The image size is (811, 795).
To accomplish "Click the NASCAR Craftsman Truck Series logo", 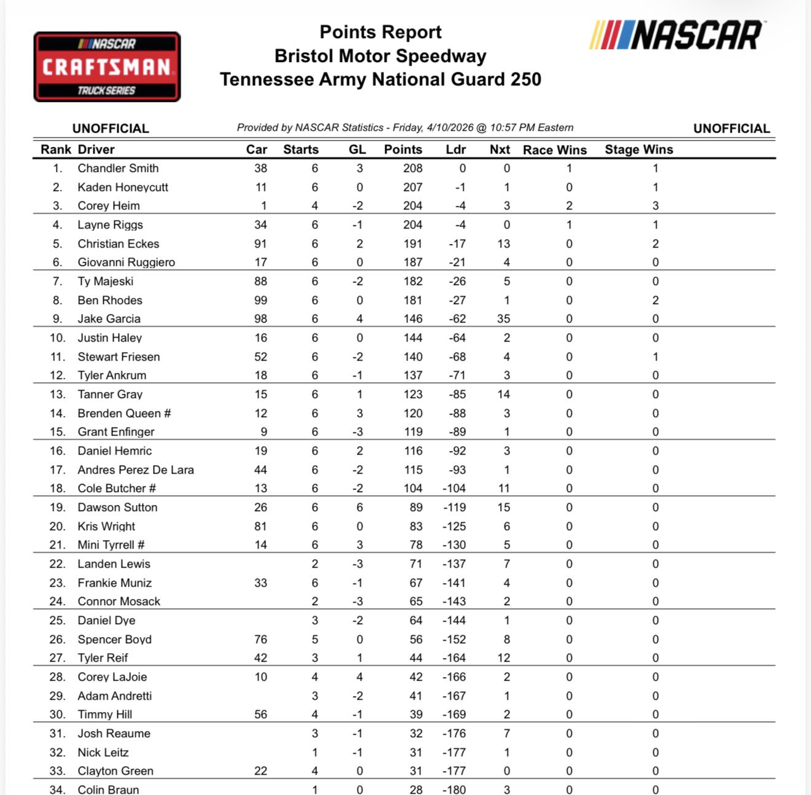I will pyautogui.click(x=107, y=67).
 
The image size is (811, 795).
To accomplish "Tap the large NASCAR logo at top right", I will pyautogui.click(x=676, y=35).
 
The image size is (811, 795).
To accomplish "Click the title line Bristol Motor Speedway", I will pyautogui.click(x=380, y=56).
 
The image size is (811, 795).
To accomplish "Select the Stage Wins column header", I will pyautogui.click(x=639, y=149).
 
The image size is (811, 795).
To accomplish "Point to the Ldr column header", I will pyautogui.click(x=456, y=149).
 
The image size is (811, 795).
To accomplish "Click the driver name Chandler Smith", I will pyautogui.click(x=118, y=168).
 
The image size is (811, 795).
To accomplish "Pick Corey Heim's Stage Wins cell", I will pyautogui.click(x=656, y=206).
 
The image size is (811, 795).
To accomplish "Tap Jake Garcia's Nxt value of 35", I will pyautogui.click(x=504, y=319).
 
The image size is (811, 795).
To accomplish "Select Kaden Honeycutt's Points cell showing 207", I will pyautogui.click(x=413, y=187).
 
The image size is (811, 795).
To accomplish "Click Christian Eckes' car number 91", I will pyautogui.click(x=261, y=244).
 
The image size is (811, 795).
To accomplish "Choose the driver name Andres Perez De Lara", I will pyautogui.click(x=136, y=470).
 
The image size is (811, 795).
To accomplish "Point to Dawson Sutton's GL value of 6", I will pyautogui.click(x=359, y=507).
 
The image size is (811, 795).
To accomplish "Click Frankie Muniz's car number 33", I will pyautogui.click(x=261, y=583).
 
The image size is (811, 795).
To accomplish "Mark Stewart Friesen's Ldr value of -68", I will pyautogui.click(x=457, y=357).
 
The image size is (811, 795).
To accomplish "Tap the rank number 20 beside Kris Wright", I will pyautogui.click(x=57, y=527).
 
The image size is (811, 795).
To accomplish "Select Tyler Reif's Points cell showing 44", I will pyautogui.click(x=416, y=658).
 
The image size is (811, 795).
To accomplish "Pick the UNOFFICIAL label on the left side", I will pyautogui.click(x=111, y=128).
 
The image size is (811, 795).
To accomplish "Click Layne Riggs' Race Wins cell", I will pyautogui.click(x=570, y=225).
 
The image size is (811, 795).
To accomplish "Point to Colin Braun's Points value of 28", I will pyautogui.click(x=416, y=789).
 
